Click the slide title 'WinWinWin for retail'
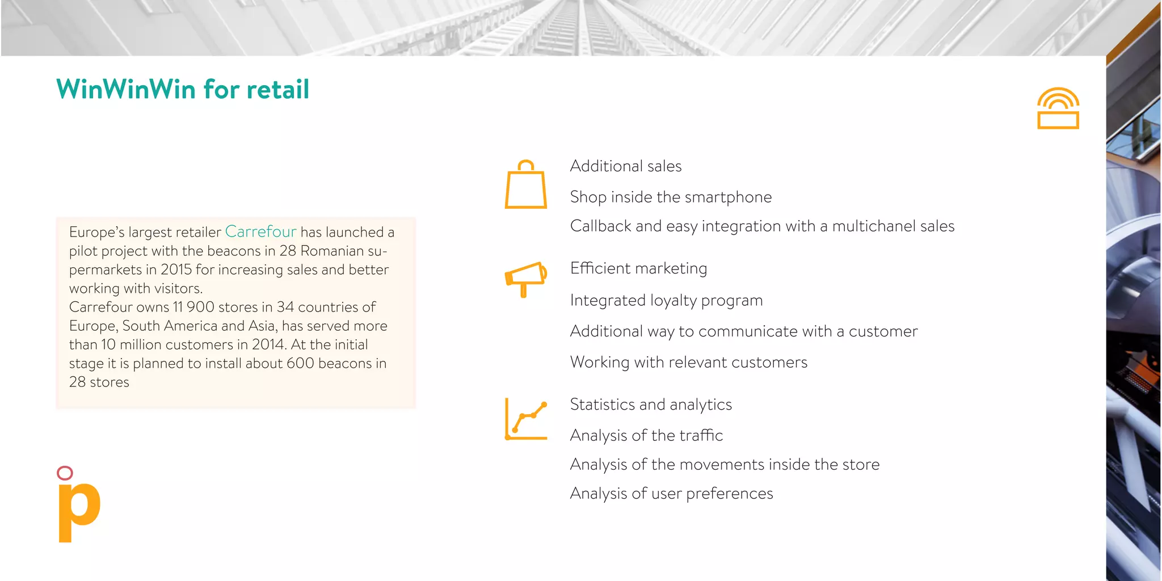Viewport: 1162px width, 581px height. (x=183, y=90)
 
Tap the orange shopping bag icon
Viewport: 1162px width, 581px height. (x=526, y=185)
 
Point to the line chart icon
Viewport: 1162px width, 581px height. (x=526, y=420)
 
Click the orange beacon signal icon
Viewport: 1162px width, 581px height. (x=1058, y=108)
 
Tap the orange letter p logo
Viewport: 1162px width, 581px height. (x=79, y=511)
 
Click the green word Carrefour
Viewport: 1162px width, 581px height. (x=260, y=231)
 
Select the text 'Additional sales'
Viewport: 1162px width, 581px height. (x=625, y=166)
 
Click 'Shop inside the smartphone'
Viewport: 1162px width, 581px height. (x=671, y=197)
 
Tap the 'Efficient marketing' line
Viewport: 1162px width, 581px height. (x=638, y=268)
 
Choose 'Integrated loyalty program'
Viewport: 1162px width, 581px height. (x=666, y=300)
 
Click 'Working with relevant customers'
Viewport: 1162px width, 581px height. (x=688, y=363)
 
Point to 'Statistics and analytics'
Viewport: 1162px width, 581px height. (x=651, y=405)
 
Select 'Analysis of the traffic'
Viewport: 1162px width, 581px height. (x=646, y=435)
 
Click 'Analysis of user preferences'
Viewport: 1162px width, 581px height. (x=671, y=494)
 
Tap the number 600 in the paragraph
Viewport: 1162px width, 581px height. (x=300, y=363)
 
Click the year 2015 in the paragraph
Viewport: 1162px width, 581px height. (x=176, y=270)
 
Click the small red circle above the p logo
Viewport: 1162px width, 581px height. (x=65, y=473)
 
